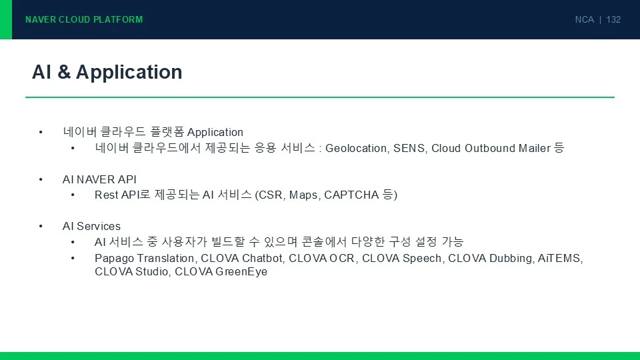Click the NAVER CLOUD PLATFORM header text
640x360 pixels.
point(84,19)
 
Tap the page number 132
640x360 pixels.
point(613,19)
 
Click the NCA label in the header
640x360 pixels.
point(585,19)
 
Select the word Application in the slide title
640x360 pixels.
point(129,73)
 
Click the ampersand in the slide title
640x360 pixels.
point(64,72)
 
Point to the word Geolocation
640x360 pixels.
point(356,148)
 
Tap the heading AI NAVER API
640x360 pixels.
point(99,179)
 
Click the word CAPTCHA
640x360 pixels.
point(351,195)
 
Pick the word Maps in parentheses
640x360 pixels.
point(304,195)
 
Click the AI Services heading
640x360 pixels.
point(91,226)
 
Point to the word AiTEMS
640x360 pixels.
point(559,259)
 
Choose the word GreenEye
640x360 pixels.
point(241,272)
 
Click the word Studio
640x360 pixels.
point(153,272)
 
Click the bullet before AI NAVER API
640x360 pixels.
point(41,179)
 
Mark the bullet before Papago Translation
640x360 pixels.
point(73,259)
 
